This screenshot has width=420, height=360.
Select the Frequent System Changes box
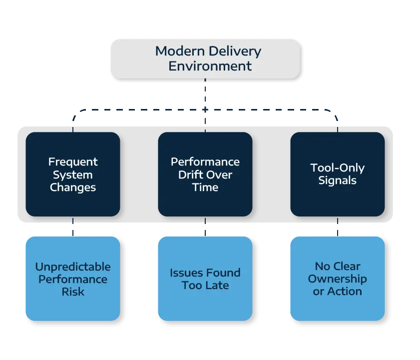pos(73,174)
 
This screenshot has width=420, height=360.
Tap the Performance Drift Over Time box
pos(205,174)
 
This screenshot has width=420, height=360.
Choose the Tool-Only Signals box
pos(337,174)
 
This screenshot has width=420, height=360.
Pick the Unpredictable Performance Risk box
pos(73,278)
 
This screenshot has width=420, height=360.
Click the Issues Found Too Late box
pos(205,278)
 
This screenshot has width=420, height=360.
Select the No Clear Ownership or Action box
pos(337,278)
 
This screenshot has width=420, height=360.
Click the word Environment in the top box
pos(210,66)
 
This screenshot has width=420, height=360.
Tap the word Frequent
pos(73,162)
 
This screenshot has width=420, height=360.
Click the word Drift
pos(191,175)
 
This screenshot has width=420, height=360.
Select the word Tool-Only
pos(337,168)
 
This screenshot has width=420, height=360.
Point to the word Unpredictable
pos(73,266)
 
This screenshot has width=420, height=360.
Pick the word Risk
pos(73,291)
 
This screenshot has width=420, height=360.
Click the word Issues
pos(185,273)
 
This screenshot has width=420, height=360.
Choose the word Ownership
pos(337,279)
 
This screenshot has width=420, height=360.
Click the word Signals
pos(337,180)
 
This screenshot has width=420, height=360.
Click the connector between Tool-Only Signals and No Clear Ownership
pos(338,231)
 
